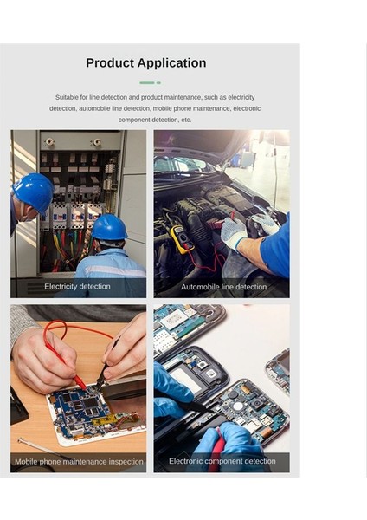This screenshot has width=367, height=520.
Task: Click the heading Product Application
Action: point(145,63)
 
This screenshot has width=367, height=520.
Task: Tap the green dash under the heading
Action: point(149,83)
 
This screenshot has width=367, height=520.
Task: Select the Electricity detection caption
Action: point(77,287)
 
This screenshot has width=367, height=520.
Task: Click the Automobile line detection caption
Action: point(223,287)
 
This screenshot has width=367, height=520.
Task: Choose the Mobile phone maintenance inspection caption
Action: point(79,462)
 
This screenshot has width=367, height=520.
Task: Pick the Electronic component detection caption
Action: point(222,461)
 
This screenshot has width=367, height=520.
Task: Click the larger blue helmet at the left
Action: point(34,192)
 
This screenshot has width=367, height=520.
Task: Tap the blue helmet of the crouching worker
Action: point(109,227)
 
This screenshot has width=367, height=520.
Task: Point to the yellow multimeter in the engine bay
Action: point(181,237)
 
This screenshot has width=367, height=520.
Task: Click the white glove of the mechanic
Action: point(233,232)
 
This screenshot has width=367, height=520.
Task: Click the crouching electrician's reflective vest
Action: point(111,265)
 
